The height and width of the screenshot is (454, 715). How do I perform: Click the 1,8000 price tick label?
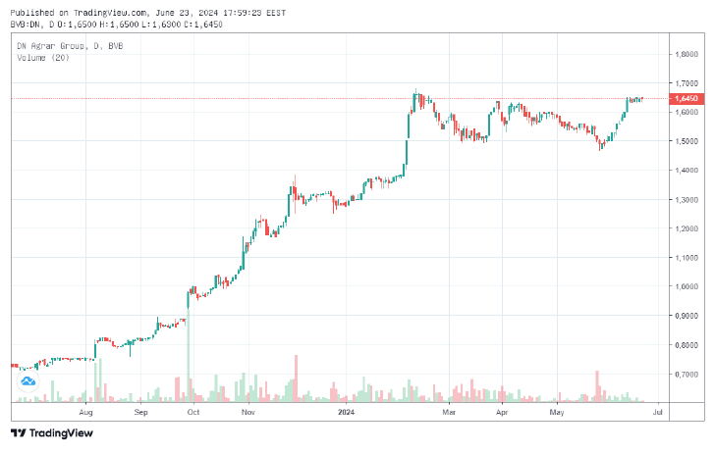coord(686,54)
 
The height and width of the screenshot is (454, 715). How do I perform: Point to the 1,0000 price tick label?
coord(686,286)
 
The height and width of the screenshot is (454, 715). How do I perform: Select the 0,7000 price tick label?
coord(686,374)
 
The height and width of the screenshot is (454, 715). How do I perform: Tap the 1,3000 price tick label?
coord(686,199)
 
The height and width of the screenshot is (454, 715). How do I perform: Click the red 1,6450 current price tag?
coord(686,99)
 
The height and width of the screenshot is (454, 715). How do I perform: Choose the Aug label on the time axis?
coord(85,413)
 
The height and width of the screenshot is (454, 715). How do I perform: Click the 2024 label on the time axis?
coord(345,413)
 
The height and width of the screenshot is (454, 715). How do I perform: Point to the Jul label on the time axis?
coord(657,413)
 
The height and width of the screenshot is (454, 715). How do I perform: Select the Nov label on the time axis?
coord(248,413)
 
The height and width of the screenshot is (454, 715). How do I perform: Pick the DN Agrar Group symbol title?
coord(54,46)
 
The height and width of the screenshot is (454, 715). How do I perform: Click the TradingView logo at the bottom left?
coord(45,433)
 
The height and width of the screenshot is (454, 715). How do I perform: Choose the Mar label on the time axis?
coord(449,413)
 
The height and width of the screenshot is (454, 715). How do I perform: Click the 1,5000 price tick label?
coord(686,141)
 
